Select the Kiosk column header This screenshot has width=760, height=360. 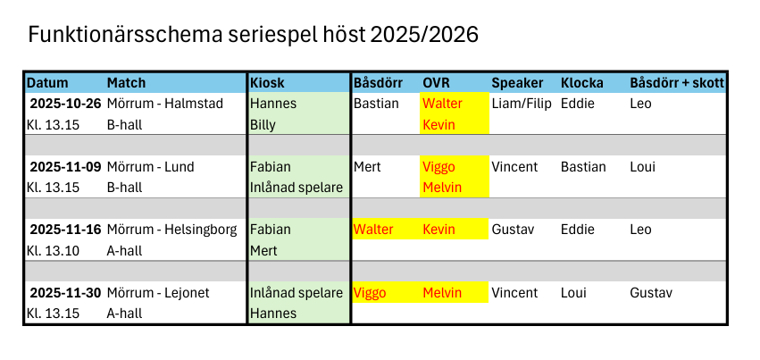click(267, 83)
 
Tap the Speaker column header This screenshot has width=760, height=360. click(517, 84)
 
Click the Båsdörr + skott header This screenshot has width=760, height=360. click(677, 83)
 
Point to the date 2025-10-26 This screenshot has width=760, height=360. click(65, 104)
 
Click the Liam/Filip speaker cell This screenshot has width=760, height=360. click(522, 104)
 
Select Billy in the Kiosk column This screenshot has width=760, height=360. click(263, 125)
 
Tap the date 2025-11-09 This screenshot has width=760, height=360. click(65, 167)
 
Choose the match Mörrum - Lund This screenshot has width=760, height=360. click(150, 167)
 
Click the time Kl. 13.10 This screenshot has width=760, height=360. click(53, 251)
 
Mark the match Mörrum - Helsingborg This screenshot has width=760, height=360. click(172, 230)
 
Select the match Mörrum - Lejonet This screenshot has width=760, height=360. click(158, 293)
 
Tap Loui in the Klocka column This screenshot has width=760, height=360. click(573, 293)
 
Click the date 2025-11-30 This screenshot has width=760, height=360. click(65, 293)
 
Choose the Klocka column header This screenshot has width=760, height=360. click(581, 83)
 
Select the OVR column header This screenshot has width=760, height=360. click(436, 83)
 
